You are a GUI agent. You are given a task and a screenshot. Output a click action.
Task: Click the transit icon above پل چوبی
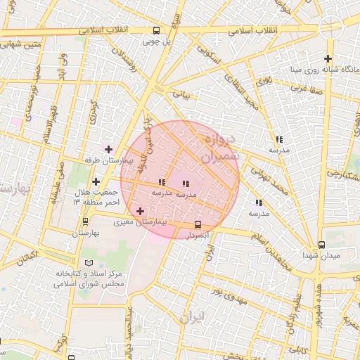(155, 31)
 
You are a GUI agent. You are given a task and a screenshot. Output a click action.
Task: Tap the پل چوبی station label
(157, 42)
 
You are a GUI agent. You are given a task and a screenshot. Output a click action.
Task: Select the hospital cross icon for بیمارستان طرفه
(108, 148)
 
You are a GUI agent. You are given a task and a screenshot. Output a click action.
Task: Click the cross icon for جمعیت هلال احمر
(96, 182)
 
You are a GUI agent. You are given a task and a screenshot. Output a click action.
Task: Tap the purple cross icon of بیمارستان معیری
(141, 211)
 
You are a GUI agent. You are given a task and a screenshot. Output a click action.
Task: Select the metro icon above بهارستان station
(85, 220)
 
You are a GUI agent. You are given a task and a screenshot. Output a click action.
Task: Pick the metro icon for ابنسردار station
(198, 224)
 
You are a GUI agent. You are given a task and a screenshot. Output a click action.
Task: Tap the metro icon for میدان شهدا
(321, 245)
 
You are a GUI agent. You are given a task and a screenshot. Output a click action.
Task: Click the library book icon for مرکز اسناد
(88, 263)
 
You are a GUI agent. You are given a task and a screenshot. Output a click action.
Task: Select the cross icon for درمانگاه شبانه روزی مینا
(328, 58)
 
